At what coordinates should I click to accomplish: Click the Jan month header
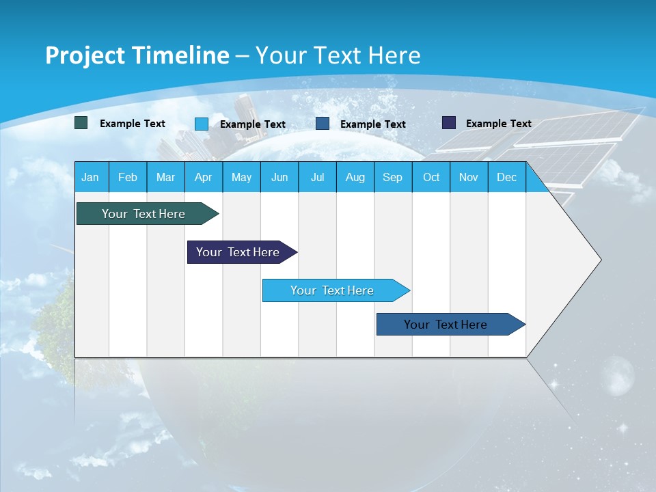click(x=90, y=178)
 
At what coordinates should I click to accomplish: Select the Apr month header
click(x=203, y=178)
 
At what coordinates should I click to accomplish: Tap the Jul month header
click(x=317, y=178)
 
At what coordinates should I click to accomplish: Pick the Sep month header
click(x=392, y=178)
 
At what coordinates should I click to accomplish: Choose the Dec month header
click(x=506, y=178)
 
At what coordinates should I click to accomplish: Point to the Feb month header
click(x=128, y=178)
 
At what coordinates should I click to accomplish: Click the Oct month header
click(x=431, y=178)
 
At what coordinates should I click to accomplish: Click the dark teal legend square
click(x=81, y=123)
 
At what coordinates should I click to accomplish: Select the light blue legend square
click(x=202, y=124)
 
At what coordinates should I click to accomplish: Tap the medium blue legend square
click(x=323, y=123)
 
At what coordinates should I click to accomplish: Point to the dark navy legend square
click(x=449, y=123)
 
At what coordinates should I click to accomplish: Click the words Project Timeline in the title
click(x=137, y=55)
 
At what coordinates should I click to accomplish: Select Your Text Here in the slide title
click(x=338, y=55)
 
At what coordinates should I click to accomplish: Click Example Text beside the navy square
click(x=498, y=124)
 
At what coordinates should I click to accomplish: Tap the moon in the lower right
click(x=619, y=374)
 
